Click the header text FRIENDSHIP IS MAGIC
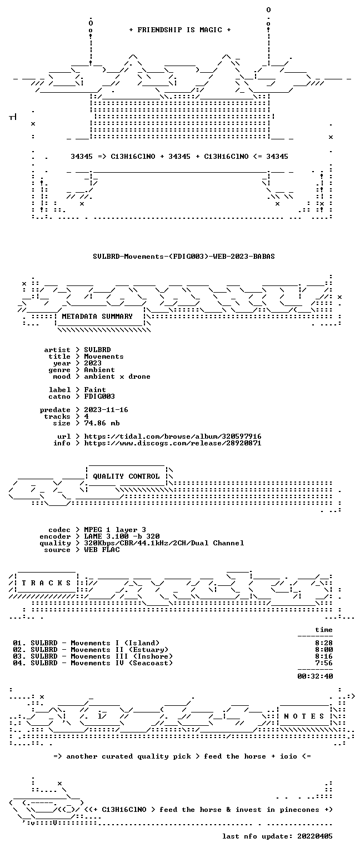[x=180, y=29]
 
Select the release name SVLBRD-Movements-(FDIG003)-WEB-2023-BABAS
[x=184, y=256]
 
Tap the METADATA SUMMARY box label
[x=97, y=317]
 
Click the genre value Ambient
[x=99, y=370]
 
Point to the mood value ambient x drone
[x=117, y=377]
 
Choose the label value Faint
[x=95, y=389]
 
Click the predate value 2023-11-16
[x=106, y=410]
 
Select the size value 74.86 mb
[x=102, y=423]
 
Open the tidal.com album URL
[x=173, y=436]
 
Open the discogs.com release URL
[x=173, y=443]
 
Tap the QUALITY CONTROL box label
[x=126, y=476]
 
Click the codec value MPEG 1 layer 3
[x=115, y=530]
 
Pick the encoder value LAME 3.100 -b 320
[x=122, y=536]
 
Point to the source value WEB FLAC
[x=102, y=550]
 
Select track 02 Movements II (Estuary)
[x=91, y=650]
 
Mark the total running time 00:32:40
[x=315, y=676]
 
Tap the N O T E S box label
[x=304, y=716]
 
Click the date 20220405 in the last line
[x=314, y=836]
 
